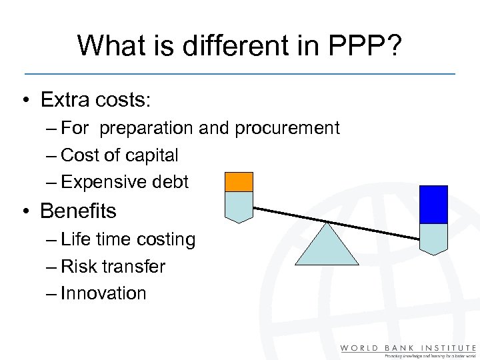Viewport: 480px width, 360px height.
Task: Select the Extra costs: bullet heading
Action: click(96, 100)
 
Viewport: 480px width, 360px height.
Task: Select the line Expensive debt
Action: click(125, 182)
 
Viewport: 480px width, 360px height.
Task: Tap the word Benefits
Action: click(78, 211)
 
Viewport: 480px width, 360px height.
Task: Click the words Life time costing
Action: click(128, 239)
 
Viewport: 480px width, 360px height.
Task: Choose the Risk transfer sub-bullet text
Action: click(113, 267)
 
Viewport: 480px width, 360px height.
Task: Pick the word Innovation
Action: click(103, 293)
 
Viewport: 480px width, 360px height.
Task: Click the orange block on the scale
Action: click(239, 182)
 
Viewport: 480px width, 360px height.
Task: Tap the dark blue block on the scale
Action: click(433, 204)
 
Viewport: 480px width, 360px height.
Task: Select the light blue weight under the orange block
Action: click(239, 206)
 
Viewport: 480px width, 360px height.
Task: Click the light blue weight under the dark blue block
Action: click(433, 238)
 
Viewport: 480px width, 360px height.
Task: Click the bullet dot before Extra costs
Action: click(23, 101)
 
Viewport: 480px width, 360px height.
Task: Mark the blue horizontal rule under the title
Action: click(240, 73)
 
